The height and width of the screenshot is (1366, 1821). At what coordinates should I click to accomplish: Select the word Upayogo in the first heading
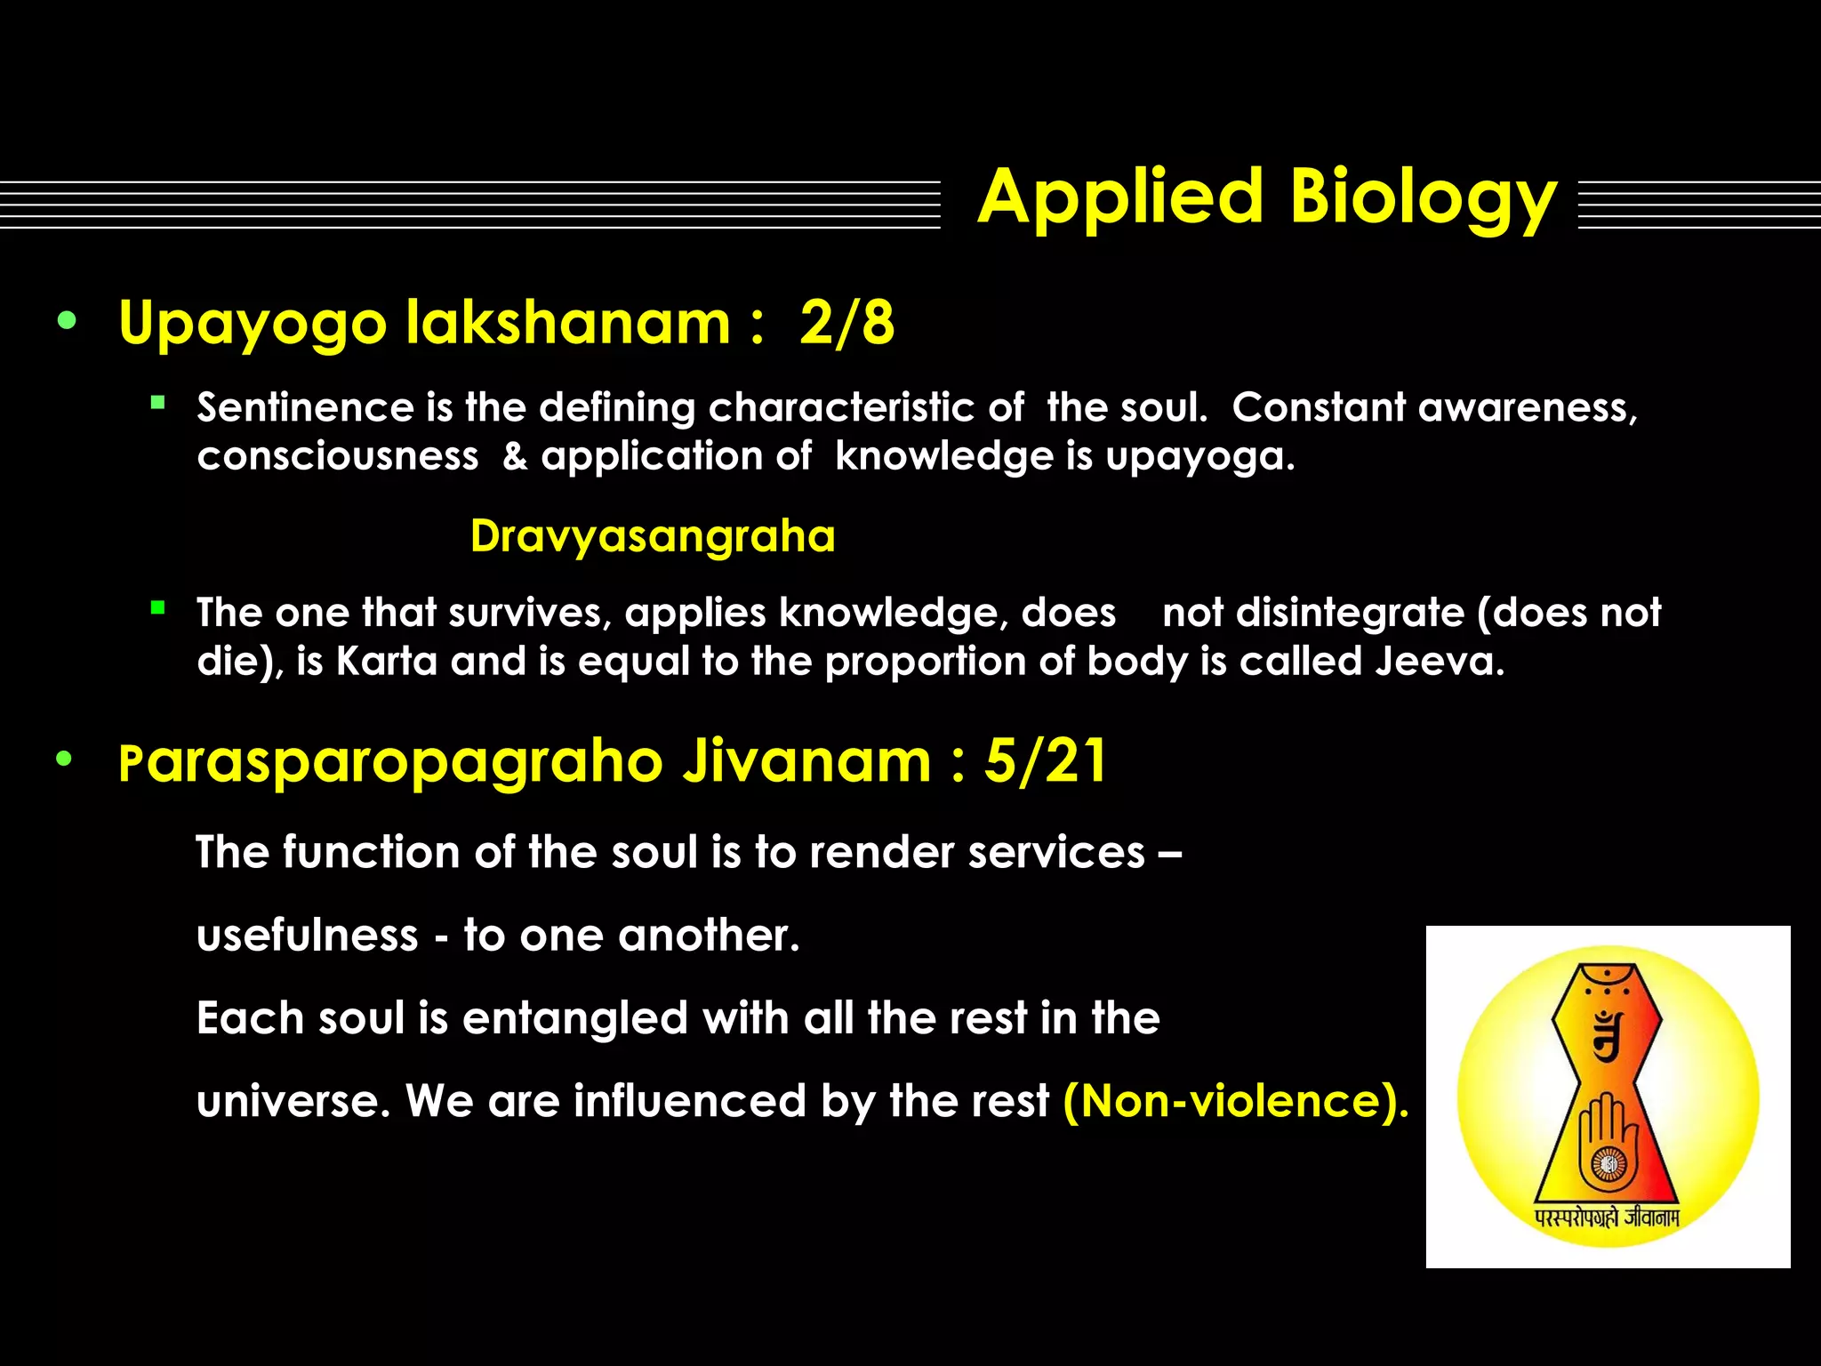coord(253,324)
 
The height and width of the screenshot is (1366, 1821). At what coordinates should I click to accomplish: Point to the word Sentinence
coord(305,408)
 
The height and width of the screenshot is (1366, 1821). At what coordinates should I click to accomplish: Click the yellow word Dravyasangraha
coord(653,536)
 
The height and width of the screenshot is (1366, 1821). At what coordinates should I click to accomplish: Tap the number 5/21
coord(1046,761)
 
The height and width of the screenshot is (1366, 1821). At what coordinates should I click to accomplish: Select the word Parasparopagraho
coord(391,763)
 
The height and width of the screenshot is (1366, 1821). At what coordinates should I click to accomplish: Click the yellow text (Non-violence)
coord(1236,1101)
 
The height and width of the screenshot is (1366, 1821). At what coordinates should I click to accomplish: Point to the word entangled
coord(575,1018)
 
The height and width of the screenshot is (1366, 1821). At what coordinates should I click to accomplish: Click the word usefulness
coord(308,936)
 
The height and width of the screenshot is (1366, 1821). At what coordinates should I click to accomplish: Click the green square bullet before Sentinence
coord(158,403)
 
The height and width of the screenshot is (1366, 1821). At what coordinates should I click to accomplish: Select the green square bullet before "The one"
coord(158,608)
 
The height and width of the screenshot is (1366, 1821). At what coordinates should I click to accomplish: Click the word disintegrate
coord(1351,613)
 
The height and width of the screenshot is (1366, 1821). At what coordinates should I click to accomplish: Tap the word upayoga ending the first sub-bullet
coord(1199,457)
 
